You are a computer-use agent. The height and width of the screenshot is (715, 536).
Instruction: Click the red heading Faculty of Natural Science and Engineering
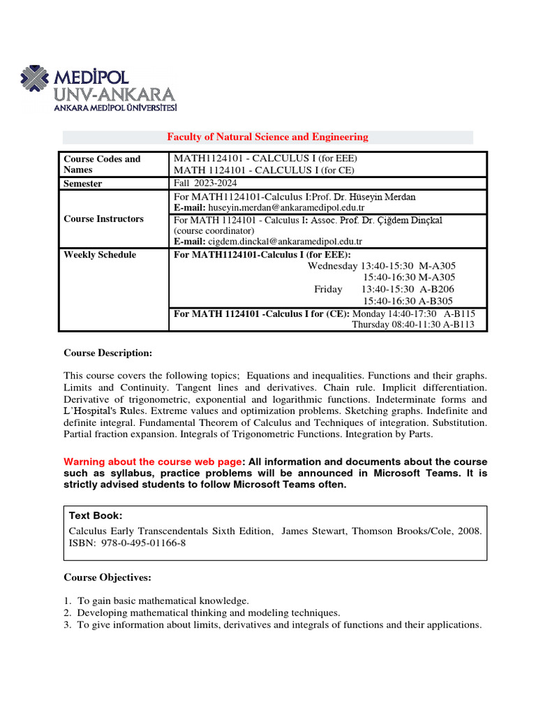(x=267, y=137)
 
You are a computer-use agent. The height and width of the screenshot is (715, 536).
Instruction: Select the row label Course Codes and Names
(x=102, y=164)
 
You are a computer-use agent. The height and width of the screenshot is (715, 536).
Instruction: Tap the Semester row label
(x=83, y=184)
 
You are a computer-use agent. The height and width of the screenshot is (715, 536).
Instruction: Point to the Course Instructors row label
(x=103, y=219)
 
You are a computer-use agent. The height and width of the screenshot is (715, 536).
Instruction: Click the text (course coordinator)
(x=214, y=230)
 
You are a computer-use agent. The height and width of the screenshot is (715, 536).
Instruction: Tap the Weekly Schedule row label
(x=100, y=255)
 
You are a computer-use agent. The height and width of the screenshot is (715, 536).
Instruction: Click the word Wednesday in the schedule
(x=332, y=266)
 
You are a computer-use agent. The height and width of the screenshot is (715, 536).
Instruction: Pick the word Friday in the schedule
(x=328, y=289)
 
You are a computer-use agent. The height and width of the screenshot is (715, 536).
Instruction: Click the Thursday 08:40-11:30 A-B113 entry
(x=412, y=325)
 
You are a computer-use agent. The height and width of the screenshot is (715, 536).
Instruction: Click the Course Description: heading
(x=107, y=353)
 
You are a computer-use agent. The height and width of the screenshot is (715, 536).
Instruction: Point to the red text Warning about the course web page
(x=152, y=462)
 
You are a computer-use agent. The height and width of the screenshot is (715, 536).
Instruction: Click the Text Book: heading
(x=96, y=515)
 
